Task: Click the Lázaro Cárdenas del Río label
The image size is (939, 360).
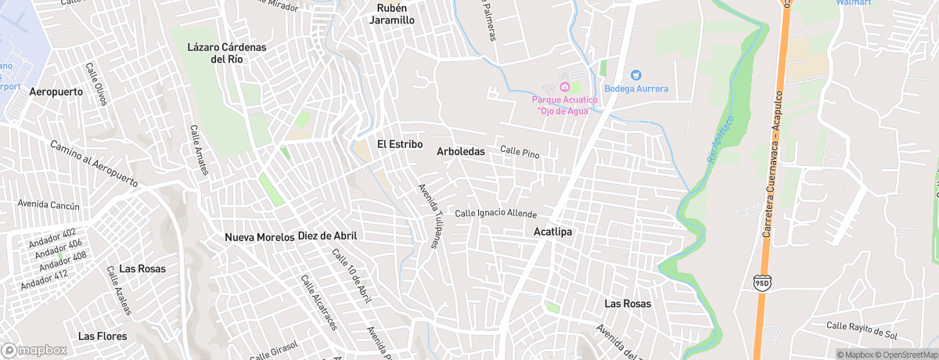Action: tap(227, 53)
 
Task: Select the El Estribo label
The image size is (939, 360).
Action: tap(400, 145)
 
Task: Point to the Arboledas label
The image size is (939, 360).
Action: tap(461, 151)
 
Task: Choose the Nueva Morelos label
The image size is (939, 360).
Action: tap(259, 237)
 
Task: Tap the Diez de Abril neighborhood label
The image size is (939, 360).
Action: tap(327, 236)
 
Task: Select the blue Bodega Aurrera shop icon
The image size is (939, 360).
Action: tap(635, 75)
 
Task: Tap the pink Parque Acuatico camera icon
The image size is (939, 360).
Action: tap(566, 85)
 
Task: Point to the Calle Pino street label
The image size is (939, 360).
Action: tap(520, 150)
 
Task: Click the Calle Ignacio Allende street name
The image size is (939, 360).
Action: tap(496, 213)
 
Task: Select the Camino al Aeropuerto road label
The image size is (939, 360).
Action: tap(94, 164)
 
